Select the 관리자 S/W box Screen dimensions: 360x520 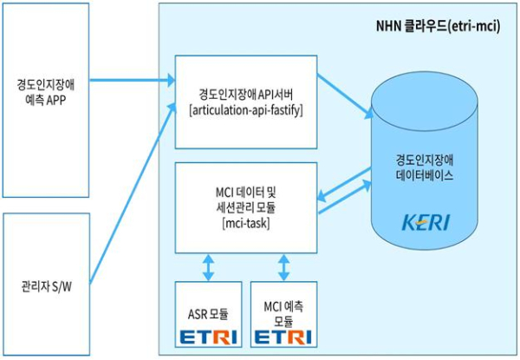44,285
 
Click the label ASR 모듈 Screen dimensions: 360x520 208,310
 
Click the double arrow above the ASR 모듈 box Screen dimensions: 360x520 208,266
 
